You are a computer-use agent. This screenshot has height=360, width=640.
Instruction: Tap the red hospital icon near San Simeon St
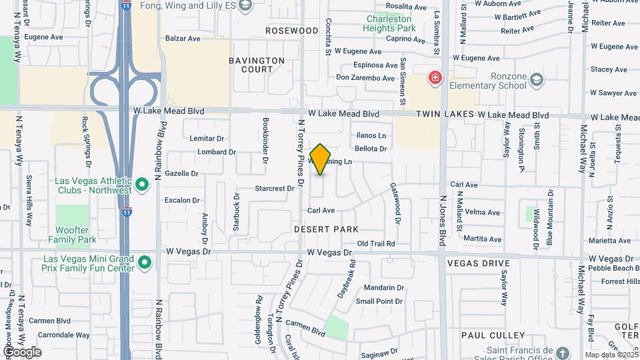click(435, 78)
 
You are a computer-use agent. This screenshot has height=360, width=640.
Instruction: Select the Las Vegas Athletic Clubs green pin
click(141, 184)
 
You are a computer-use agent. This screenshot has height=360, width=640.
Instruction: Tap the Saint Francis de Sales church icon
click(563, 353)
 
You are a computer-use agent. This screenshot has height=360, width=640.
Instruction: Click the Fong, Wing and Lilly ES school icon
click(245, 6)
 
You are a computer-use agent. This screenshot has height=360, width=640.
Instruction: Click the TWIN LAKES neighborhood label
click(445, 115)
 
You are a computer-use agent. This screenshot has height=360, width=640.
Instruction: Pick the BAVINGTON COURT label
click(257, 65)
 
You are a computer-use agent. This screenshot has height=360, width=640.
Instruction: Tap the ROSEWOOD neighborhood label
click(292, 31)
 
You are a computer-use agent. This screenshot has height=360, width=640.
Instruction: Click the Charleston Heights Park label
click(390, 23)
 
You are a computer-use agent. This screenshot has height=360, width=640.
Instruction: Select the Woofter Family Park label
click(76, 235)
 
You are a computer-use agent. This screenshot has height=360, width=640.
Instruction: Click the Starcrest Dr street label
click(275, 189)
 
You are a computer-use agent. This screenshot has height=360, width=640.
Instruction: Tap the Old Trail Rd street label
click(376, 244)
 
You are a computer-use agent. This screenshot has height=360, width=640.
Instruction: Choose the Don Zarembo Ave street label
click(365, 78)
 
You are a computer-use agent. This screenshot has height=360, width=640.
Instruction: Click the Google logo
click(22, 351)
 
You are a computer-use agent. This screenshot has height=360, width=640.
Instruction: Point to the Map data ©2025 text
click(611, 355)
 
